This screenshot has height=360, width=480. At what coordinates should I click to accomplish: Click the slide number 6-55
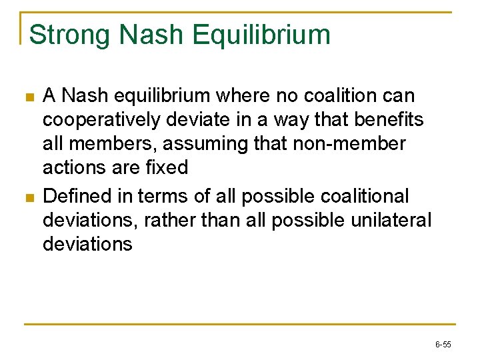443,345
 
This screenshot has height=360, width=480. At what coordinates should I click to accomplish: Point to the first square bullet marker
28,97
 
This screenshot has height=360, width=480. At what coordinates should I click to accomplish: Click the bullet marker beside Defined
28,197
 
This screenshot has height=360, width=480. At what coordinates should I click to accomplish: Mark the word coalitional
375,196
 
